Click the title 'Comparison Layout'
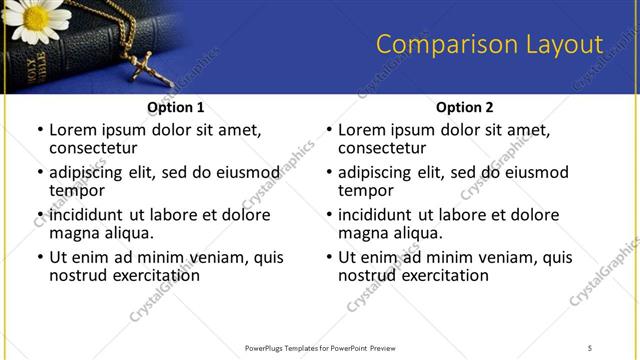pos(489,45)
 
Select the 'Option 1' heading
pos(176,107)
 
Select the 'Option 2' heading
pos(465,107)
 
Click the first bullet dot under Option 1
pos(39,131)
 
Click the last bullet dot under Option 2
pos(328,257)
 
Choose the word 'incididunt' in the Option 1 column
pos(86,215)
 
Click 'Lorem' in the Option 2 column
pos(362,130)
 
